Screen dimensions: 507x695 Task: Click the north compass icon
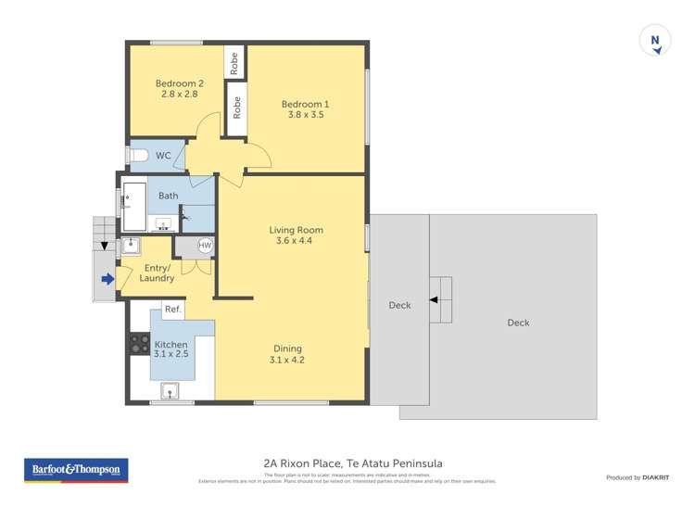coord(655,42)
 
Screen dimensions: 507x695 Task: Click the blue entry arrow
coord(107,278)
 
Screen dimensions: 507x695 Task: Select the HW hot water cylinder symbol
coord(205,246)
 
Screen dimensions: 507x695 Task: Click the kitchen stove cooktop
coord(140,344)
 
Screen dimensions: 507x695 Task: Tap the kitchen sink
coord(171,390)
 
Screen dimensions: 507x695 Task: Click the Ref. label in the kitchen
coord(172,310)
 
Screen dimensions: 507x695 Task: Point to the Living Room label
coord(296,230)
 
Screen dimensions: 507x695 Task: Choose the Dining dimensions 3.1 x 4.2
coord(286,360)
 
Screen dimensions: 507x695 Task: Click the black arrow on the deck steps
coord(433,299)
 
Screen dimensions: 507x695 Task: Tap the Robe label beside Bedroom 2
coord(234,62)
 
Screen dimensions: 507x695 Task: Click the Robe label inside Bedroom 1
coord(237,108)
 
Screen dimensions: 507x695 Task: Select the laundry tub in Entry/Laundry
coord(132,245)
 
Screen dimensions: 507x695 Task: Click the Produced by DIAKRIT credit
coord(637,477)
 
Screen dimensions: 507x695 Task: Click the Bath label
coord(168,196)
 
